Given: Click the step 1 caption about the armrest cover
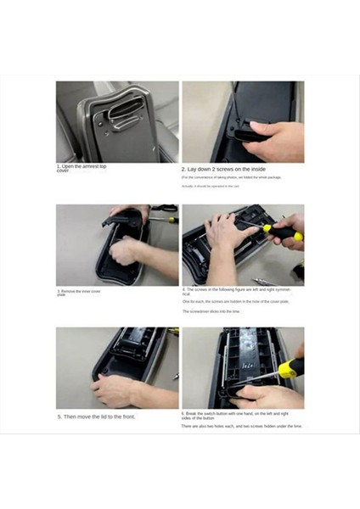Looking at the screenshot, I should coord(82,168).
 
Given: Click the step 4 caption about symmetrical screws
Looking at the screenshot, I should coord(229,291).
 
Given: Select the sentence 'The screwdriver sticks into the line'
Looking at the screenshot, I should coord(212,311).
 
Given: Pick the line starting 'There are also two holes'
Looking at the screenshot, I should coord(241,426).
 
